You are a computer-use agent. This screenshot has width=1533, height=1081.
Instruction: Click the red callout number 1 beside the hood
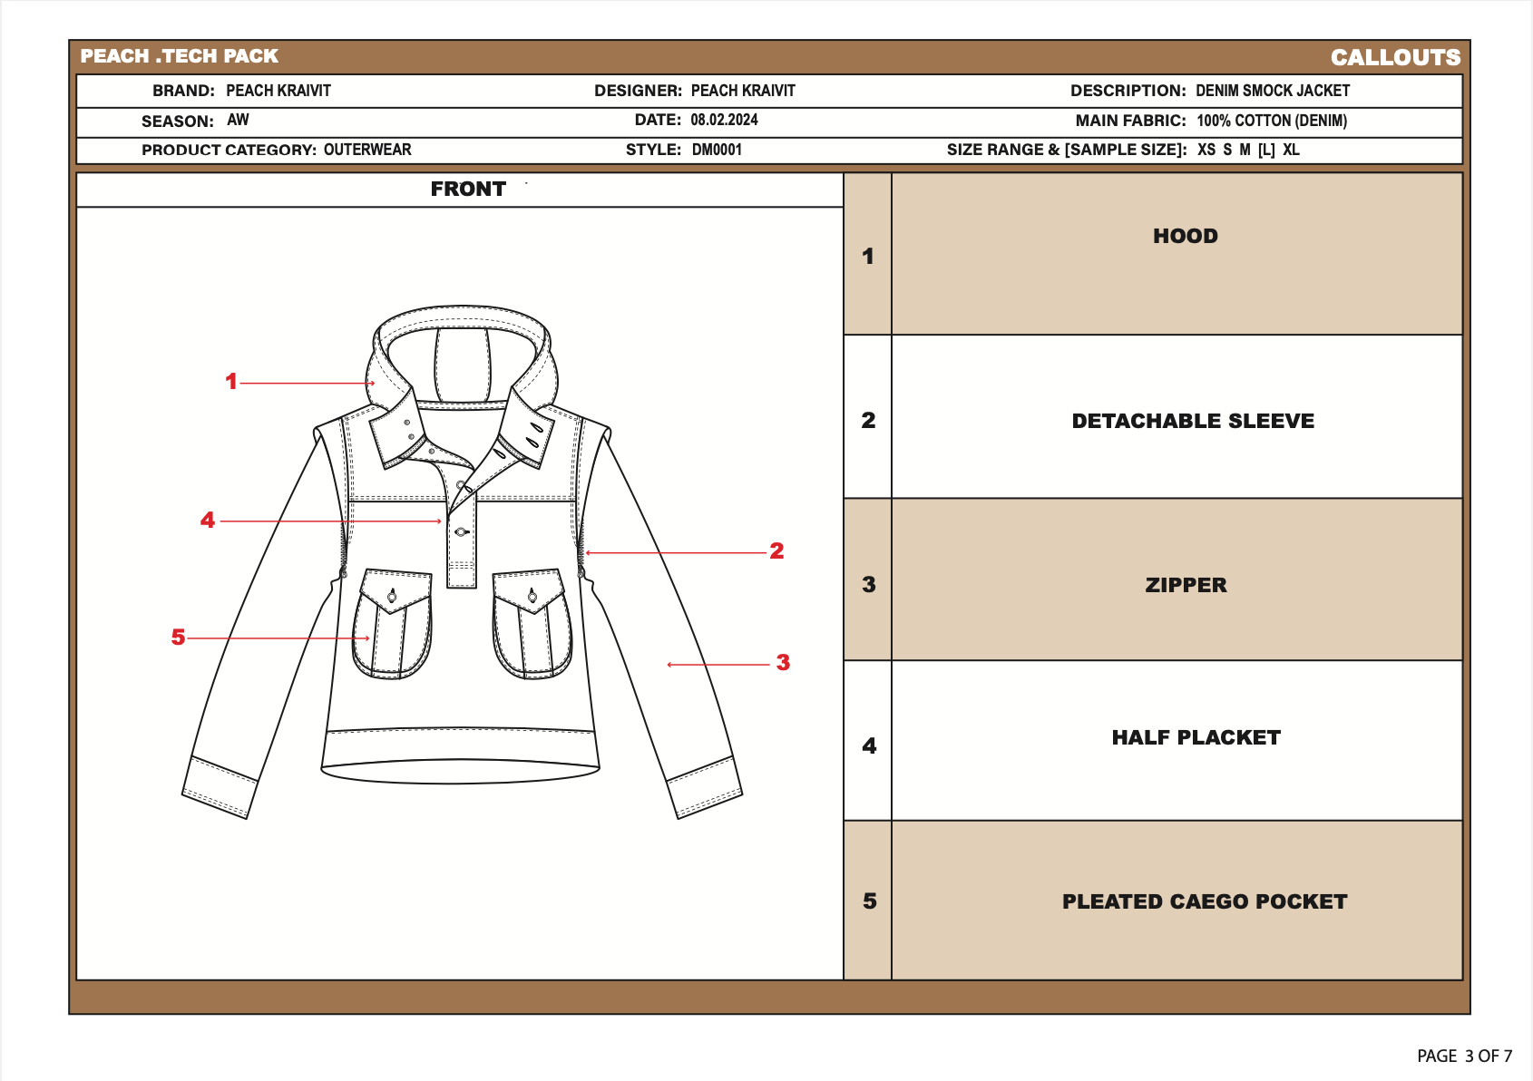click(231, 382)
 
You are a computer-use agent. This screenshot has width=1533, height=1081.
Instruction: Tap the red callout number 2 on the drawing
click(776, 550)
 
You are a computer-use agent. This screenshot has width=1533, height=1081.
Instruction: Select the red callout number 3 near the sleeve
click(783, 663)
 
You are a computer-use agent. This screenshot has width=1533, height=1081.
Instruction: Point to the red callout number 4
click(208, 521)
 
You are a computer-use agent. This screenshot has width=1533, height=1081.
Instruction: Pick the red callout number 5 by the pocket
click(178, 638)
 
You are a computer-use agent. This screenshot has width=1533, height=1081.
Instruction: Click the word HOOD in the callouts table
click(1185, 236)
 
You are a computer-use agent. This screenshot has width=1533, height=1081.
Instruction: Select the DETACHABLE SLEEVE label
click(1192, 421)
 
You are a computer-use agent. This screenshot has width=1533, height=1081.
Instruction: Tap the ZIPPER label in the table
click(1185, 585)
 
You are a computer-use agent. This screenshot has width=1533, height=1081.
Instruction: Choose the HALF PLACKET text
click(1196, 737)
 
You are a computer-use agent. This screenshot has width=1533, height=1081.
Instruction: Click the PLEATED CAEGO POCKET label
click(1204, 901)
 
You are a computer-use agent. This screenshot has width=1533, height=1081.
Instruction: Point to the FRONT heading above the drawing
click(468, 189)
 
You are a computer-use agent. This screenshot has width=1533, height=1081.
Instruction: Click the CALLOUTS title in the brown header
click(1395, 57)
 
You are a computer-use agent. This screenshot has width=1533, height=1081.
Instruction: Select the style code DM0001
click(717, 150)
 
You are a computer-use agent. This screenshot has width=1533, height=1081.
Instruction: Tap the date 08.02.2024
click(724, 120)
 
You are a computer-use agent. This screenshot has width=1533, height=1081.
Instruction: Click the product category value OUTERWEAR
click(367, 150)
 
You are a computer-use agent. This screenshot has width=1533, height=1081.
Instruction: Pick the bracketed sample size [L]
click(1266, 150)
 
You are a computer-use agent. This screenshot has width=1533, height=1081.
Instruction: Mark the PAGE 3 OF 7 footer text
click(1464, 1056)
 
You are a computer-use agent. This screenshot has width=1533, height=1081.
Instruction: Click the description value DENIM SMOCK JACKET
click(1272, 91)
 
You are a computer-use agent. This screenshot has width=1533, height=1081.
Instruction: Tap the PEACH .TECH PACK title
click(179, 56)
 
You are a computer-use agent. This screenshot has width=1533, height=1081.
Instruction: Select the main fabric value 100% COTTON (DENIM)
click(1271, 121)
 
